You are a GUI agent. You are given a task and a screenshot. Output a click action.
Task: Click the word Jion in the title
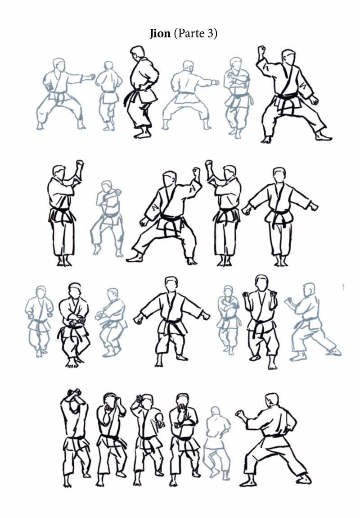tap(160, 33)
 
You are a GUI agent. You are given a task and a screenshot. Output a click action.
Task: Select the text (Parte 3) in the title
tap(195, 33)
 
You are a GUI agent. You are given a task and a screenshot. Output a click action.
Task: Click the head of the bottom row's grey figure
tap(215, 411)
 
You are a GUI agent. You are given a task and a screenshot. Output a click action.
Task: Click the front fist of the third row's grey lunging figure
tap(288, 300)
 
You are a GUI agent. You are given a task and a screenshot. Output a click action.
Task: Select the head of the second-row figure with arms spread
tap(279, 175)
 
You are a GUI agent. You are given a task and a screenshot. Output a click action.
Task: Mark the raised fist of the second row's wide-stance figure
tap(197, 172)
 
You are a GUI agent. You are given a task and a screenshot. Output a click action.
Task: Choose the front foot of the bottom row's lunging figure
tap(304, 479)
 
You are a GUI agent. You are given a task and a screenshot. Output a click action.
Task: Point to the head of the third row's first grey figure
tap(40, 292)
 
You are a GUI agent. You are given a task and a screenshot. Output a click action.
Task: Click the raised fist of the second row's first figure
tap(80, 164)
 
